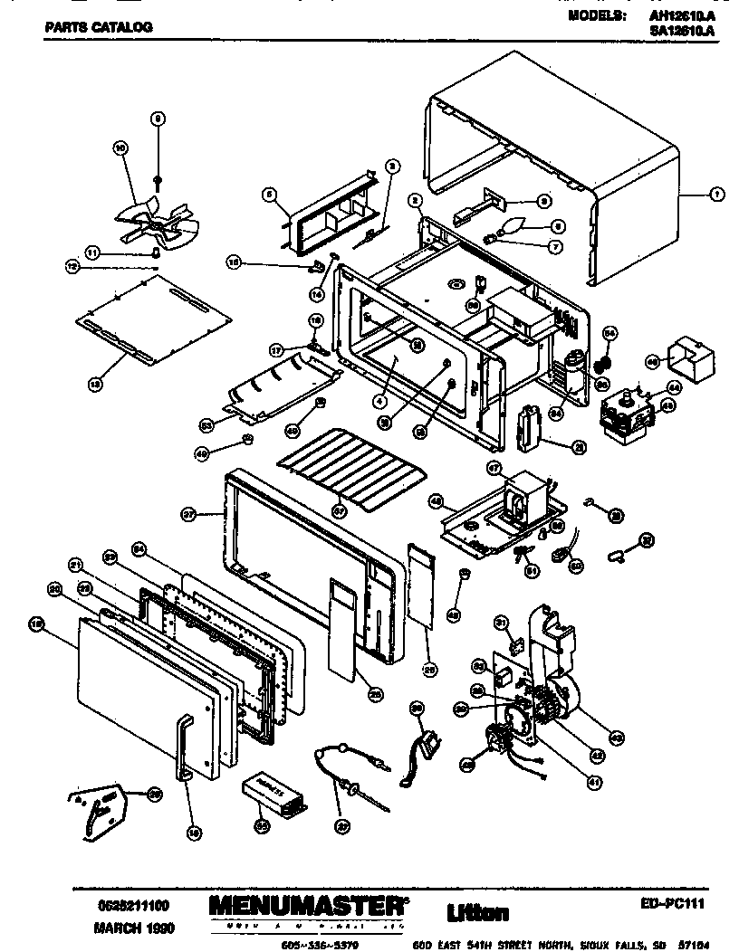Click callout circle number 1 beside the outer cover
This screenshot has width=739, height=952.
tap(715, 194)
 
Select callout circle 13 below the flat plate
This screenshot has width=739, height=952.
tap(94, 384)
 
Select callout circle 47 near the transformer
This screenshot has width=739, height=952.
tap(494, 467)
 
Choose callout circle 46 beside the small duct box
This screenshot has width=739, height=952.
tap(650, 360)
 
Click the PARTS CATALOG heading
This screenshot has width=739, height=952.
tap(98, 27)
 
